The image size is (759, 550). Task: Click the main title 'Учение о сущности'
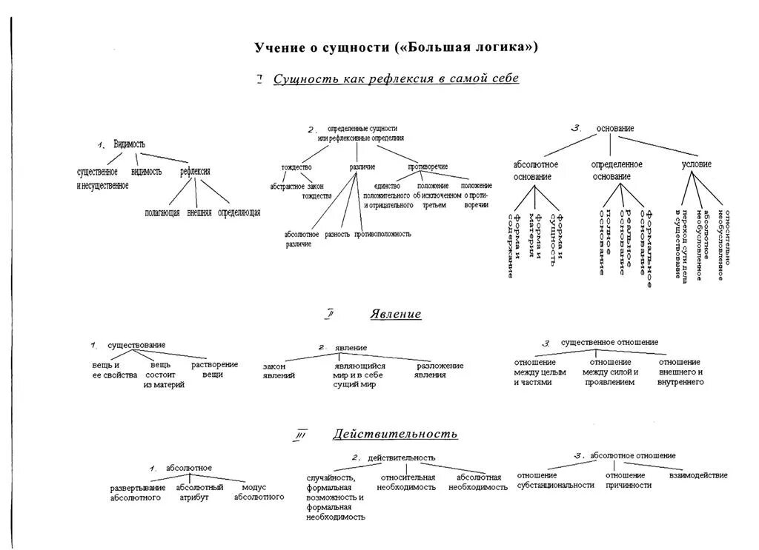397,47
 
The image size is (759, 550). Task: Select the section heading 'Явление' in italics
396,315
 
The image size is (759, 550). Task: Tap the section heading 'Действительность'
395,434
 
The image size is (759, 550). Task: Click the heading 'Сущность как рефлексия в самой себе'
396,78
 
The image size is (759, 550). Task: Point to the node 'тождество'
296,167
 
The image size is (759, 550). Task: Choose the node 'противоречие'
428,167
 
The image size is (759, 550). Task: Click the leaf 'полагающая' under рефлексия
162,212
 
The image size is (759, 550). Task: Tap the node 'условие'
696,164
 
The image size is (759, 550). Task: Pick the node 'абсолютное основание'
535,170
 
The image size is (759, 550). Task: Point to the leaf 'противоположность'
382,234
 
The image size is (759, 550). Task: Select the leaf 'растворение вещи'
214,369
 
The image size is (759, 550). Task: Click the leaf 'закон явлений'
279,370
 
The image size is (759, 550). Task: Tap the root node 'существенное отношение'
609,343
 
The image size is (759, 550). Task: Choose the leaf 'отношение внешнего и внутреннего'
680,372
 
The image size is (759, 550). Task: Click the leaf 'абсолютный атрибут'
199,492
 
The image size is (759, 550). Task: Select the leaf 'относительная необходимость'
406,482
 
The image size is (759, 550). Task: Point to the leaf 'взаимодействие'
697,475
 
